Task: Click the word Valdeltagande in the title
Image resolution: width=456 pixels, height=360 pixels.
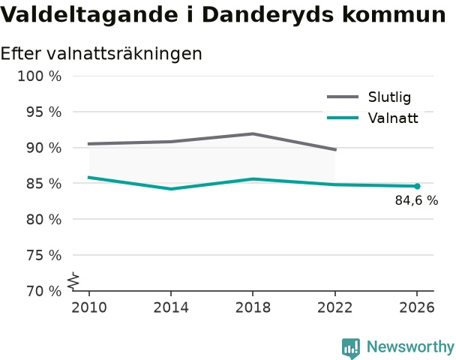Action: [89, 15]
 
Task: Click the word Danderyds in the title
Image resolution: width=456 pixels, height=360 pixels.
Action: [268, 15]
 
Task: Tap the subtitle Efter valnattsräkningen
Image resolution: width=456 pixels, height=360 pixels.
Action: [101, 54]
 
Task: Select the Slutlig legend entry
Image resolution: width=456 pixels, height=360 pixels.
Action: [369, 97]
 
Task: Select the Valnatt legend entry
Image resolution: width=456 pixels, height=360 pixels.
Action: [373, 118]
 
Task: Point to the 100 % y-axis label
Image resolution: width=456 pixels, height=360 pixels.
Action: [40, 76]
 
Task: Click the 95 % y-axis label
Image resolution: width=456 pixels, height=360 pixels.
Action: [44, 112]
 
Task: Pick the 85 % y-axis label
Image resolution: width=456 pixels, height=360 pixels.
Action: [44, 184]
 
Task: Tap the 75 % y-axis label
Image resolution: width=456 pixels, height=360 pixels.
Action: [44, 256]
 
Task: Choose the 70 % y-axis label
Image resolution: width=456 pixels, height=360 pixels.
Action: [44, 291]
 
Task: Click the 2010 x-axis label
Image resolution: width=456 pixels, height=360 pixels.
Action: [89, 307]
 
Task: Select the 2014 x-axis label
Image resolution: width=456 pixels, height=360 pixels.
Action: [171, 307]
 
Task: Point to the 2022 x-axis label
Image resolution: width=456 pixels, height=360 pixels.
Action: [334, 307]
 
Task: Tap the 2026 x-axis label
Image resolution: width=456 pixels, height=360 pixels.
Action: [417, 307]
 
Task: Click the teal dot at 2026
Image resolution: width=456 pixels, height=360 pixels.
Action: [417, 186]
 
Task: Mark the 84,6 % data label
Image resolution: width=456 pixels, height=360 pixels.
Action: [416, 201]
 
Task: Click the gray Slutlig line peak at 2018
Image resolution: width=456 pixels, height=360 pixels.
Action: [253, 133]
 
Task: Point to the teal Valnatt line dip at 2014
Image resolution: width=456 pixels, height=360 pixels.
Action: [171, 189]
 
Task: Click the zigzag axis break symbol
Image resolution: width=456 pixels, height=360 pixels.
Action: [73, 281]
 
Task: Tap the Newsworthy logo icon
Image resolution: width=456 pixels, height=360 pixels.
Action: [351, 348]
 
